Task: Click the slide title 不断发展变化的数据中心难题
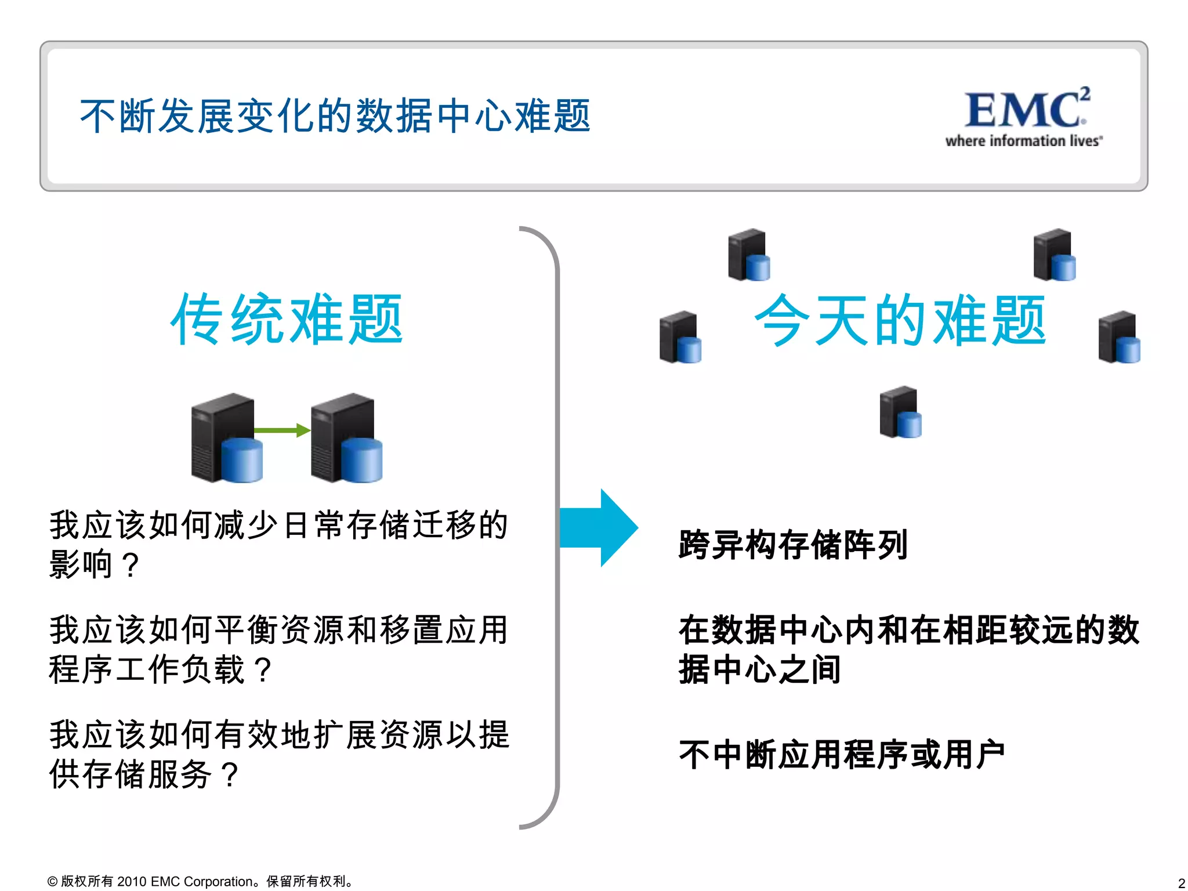coord(335,116)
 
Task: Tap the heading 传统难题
coord(287,320)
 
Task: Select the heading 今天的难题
coord(900,321)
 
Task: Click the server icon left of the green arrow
coord(226,438)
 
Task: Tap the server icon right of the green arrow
coord(346,438)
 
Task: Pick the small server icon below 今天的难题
coord(900,412)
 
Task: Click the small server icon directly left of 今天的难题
coord(680,337)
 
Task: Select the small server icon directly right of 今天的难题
coord(1119,337)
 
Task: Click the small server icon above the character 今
coord(749,255)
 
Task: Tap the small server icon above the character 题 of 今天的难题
coord(1054,255)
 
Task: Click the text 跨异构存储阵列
coord(792,545)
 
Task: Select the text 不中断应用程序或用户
coord(841,755)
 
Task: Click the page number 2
coord(1181,883)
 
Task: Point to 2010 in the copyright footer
coord(132,882)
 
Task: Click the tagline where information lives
coord(1023,141)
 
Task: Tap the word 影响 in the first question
coord(81,564)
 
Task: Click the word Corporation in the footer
coord(218,882)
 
